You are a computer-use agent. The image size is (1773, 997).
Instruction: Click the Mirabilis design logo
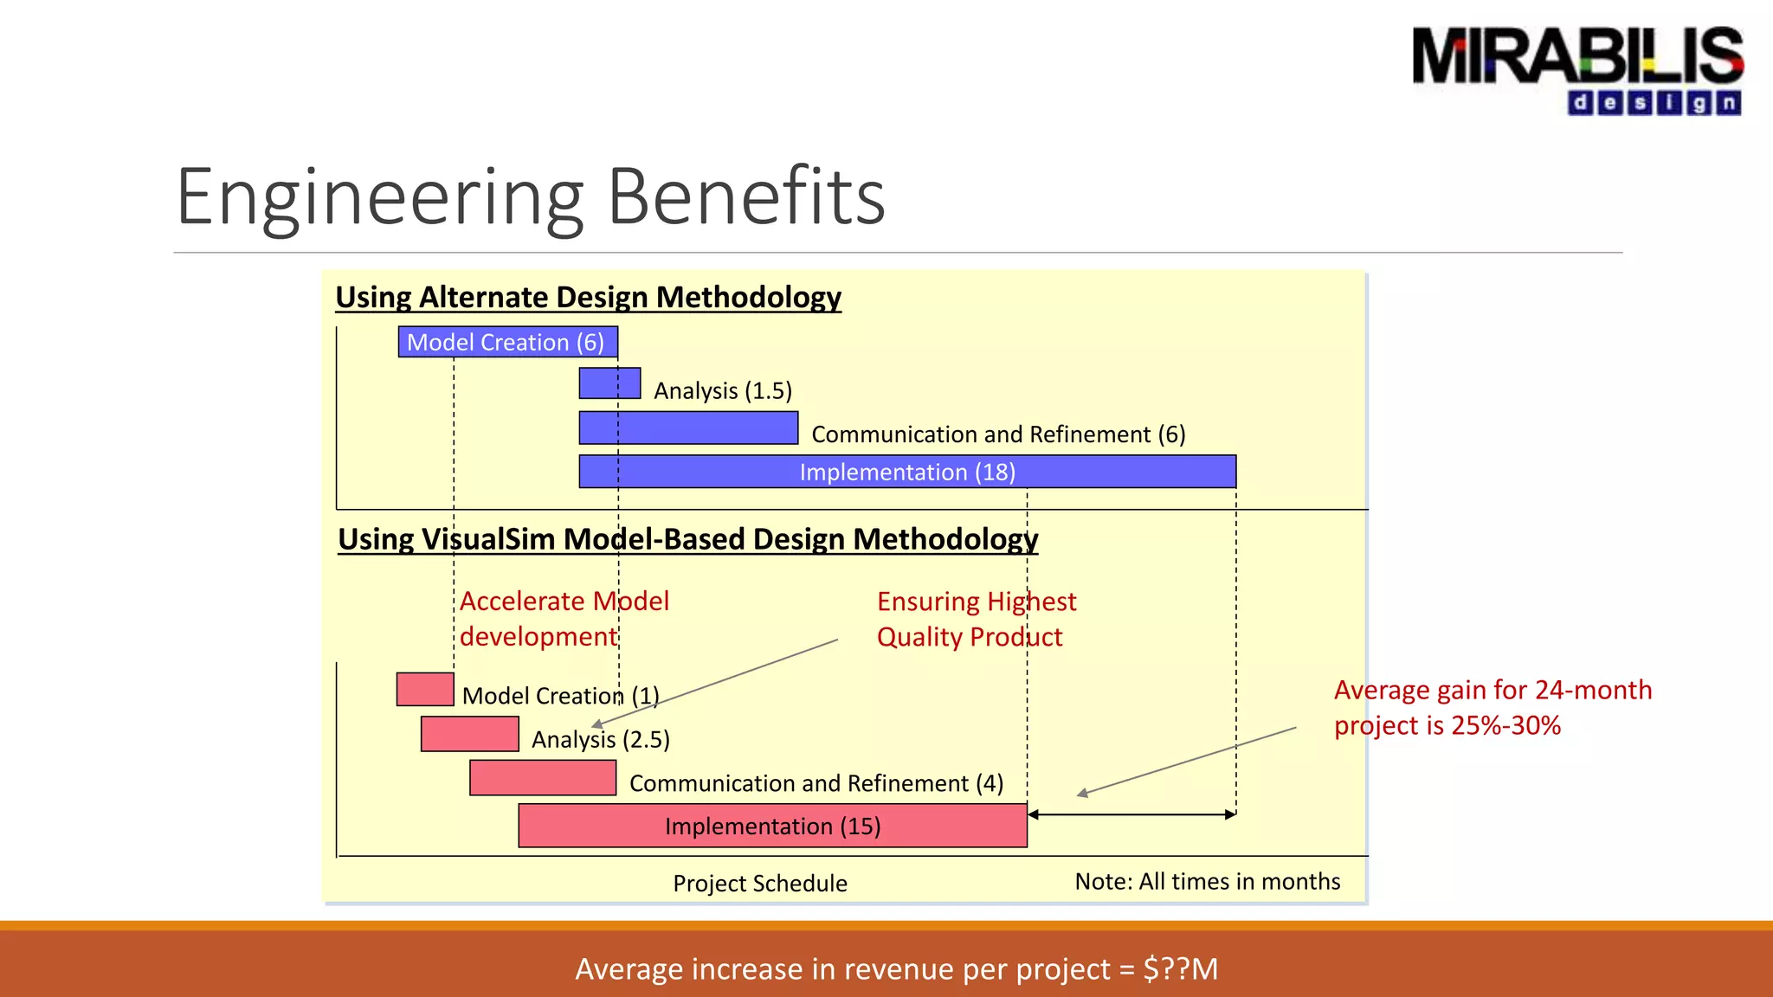pos(1577,69)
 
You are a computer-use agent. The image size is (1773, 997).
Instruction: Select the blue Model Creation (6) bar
pos(507,342)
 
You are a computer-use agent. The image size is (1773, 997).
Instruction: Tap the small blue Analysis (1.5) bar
pos(609,383)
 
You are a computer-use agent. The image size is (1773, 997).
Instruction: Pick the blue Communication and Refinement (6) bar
pos(688,428)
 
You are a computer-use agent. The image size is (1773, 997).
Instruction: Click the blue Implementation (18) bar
pos(906,472)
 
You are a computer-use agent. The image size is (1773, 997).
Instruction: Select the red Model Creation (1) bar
pos(425,689)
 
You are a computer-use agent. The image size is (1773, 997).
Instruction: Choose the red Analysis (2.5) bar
pos(469,734)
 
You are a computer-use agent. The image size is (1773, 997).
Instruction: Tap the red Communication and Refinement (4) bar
pos(543,777)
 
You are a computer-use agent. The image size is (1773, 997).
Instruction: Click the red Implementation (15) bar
pos(772,826)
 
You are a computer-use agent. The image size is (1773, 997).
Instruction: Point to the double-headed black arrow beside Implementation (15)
pos(1131,814)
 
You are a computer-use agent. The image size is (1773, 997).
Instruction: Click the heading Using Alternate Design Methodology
pos(588,297)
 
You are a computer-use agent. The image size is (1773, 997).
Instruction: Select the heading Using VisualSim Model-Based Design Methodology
pos(687,539)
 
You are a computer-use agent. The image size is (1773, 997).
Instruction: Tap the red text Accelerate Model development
pos(564,619)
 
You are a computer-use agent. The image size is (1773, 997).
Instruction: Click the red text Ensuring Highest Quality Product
pos(976,619)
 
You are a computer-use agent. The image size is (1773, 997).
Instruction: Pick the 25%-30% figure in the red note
pos(1505,725)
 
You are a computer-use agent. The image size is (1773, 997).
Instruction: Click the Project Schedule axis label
pos(759,883)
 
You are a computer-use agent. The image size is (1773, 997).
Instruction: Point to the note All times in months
pos(1207,881)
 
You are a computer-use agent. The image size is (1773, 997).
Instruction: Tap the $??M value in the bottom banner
pos(1180,968)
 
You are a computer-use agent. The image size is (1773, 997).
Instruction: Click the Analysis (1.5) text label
pos(723,390)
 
